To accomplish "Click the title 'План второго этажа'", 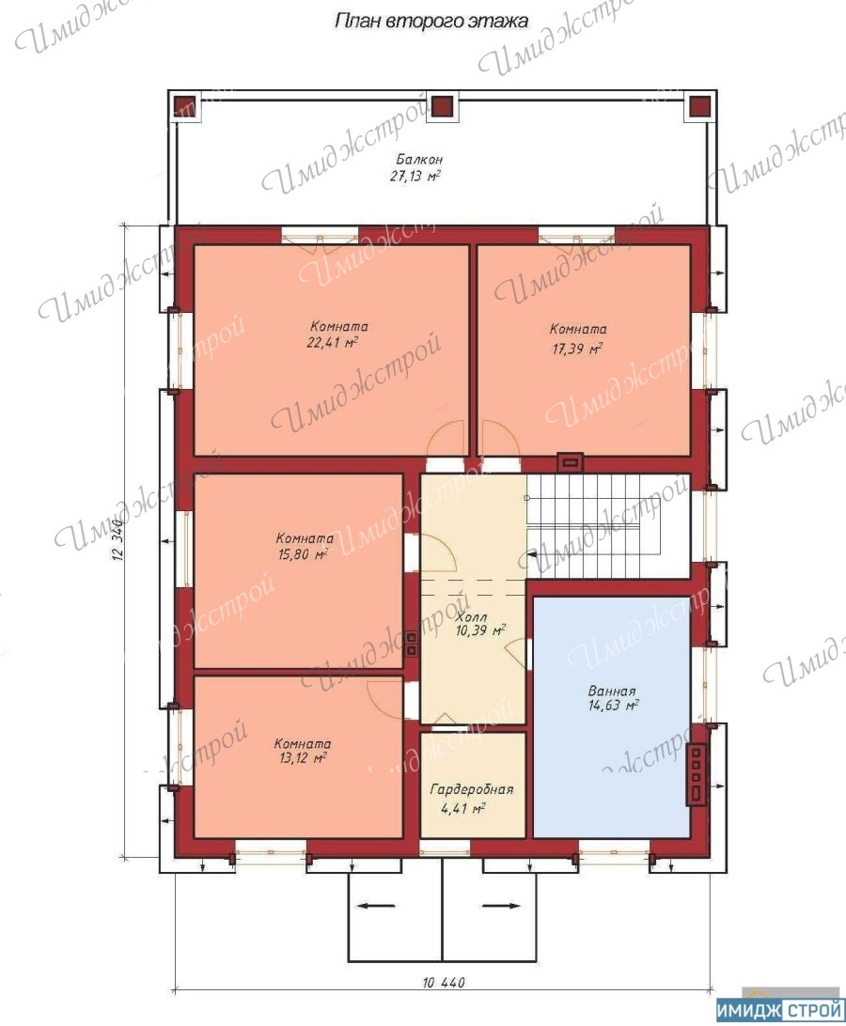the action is (x=431, y=21).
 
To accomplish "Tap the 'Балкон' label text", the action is (x=419, y=159).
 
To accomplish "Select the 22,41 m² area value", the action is (x=332, y=342).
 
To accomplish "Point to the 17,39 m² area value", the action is (x=576, y=348).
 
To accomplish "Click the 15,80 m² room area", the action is (x=303, y=555).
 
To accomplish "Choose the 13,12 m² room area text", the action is (x=303, y=758).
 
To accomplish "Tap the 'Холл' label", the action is (x=471, y=617).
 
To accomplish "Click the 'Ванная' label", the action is (x=612, y=691).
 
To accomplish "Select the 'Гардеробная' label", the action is (x=472, y=789).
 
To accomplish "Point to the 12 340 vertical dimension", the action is (x=117, y=540).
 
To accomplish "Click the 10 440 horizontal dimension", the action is (x=444, y=983).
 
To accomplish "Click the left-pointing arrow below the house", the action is (x=377, y=907).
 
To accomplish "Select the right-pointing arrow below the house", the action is (x=502, y=907).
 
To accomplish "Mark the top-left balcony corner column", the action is (x=185, y=106).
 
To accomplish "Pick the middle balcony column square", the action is (x=443, y=106).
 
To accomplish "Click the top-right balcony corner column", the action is (x=700, y=106).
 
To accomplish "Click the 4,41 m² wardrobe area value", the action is (x=462, y=809).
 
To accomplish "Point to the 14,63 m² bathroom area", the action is (x=613, y=706).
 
